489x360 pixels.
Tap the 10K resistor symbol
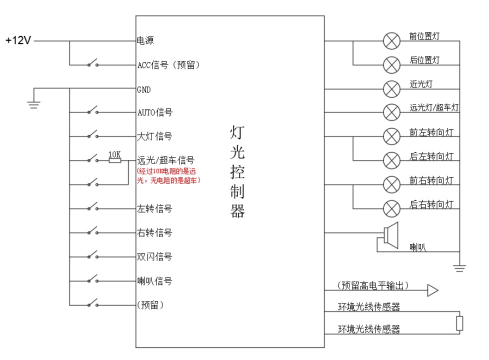coord(115,160)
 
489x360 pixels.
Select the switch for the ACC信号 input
coord(92,64)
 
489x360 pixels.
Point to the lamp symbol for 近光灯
coord(390,89)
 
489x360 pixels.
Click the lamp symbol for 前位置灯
coord(390,41)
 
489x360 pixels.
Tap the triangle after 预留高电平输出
coord(432,290)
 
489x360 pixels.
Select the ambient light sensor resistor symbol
coord(459,323)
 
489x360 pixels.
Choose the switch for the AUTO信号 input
coord(92,112)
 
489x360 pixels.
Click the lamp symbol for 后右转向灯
coord(390,208)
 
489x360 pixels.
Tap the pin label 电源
coord(145,41)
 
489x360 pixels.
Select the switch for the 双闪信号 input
coord(92,256)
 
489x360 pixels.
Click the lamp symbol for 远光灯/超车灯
coord(390,112)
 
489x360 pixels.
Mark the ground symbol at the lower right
coord(459,267)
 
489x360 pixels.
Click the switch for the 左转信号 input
coord(92,208)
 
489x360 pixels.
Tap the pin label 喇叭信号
coord(154,281)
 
